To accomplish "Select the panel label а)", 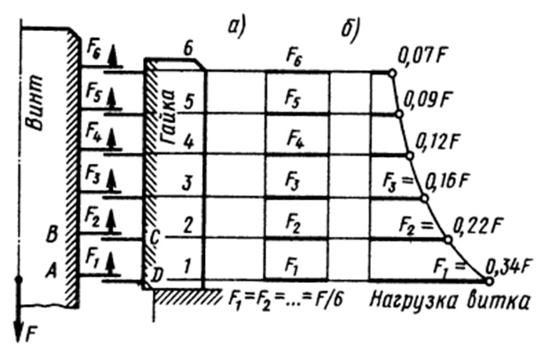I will coord(236,27).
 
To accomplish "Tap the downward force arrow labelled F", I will coord(19,310).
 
